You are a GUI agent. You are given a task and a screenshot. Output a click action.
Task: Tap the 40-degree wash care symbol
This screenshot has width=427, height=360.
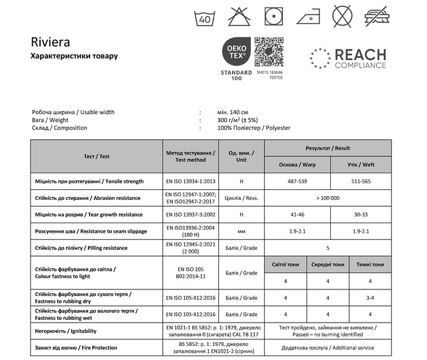coord(204,15)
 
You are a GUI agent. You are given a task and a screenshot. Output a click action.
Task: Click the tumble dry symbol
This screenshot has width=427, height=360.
coord(272,15)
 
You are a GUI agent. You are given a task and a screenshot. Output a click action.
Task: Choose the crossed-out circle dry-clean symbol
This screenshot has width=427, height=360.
coord(342,15)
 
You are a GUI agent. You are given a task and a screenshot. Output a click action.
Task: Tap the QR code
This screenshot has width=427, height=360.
coord(270,51)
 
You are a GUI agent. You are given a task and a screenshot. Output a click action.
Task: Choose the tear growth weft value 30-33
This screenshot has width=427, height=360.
coord(360,215)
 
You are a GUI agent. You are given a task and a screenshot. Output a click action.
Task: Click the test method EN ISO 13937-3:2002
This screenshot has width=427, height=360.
coord(190,215)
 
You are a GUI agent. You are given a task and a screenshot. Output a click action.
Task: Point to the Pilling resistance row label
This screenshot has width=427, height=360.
coord(80,248)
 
